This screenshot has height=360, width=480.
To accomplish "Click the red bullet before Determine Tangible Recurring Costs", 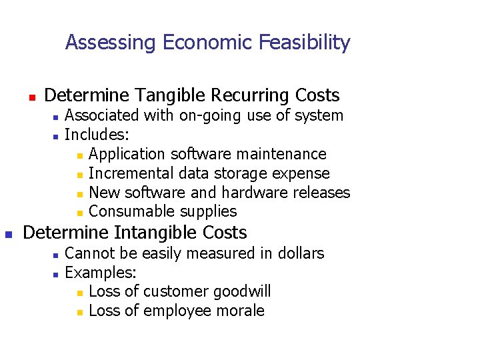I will pyautogui.click(x=31, y=97).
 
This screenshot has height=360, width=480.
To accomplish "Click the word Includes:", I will pyautogui.click(x=92, y=135).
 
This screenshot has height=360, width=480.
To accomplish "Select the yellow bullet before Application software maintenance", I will pyautogui.click(x=79, y=155).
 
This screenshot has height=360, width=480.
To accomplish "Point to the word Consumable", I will pyautogui.click(x=132, y=212).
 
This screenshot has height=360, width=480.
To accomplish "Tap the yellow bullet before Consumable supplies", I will pyautogui.click(x=79, y=213).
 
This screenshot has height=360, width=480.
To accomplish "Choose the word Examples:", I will pyautogui.click(x=101, y=273).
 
